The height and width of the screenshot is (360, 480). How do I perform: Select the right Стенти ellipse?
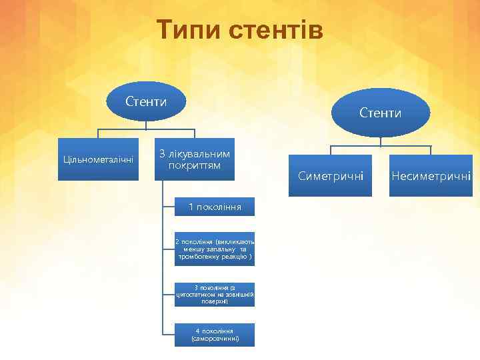tap(381, 113)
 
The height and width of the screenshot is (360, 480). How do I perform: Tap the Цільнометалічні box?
tap(98, 159)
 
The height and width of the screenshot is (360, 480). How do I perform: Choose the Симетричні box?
tap(331, 176)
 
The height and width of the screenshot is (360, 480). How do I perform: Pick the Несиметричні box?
tap(431, 176)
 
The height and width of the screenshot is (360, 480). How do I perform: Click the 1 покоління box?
tap(215, 207)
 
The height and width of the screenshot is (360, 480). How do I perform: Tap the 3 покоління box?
tap(215, 294)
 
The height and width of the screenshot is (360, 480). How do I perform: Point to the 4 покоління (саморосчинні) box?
tap(215, 335)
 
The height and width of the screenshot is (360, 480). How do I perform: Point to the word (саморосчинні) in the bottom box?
tap(215, 339)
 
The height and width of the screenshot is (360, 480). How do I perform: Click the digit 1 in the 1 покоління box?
tap(191, 207)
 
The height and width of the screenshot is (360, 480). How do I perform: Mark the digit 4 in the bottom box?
tap(198, 331)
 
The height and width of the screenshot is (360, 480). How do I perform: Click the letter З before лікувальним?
tap(161, 155)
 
